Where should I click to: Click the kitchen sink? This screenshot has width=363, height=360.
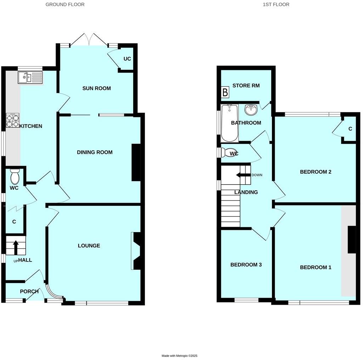pos(30,77)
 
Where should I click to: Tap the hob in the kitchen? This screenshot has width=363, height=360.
pos(12,120)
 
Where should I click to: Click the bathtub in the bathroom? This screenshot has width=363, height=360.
pos(229,123)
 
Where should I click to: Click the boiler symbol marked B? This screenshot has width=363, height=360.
pos(225,93)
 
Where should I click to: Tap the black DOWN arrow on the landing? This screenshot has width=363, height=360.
pos(243,175)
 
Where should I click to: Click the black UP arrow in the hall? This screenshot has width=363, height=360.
pos(16,247)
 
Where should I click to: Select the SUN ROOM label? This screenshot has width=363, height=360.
pos(97,88)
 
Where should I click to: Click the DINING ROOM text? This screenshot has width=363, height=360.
pos(95,152)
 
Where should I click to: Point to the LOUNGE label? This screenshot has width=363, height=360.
pos(89,246)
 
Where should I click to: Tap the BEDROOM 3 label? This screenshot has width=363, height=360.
pos(246,265)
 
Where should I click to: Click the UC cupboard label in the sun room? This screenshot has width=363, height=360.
pos(127,59)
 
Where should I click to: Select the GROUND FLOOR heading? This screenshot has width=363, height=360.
pos(65,5)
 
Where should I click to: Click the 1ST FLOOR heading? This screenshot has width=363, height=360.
pos(276,5)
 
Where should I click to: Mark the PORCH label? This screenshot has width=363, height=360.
pos(29,292)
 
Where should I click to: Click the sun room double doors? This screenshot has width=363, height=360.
pos(89,40)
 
